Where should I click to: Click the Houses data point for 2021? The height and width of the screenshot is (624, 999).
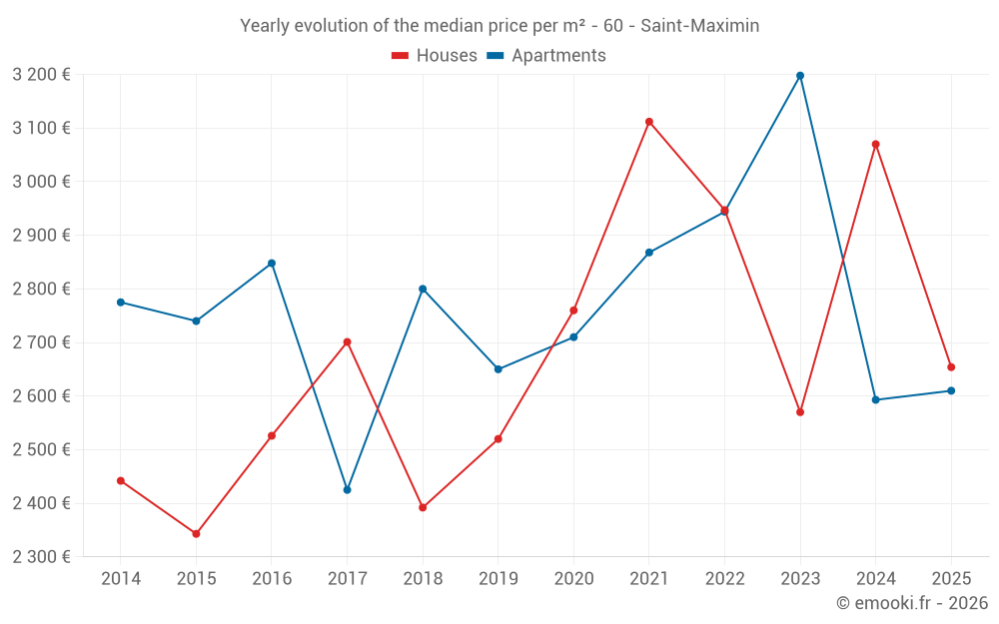[649, 122]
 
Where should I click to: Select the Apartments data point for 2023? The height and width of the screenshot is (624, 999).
[800, 76]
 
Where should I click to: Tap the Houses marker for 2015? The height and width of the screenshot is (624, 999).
[196, 534]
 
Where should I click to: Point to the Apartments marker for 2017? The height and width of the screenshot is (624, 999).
[347, 490]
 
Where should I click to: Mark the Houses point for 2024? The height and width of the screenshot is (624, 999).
[876, 145]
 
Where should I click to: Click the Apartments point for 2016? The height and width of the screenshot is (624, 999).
[272, 264]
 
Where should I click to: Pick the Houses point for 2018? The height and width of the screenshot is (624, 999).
[423, 507]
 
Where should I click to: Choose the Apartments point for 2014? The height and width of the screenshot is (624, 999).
[121, 303]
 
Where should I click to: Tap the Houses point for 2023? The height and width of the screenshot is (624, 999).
[800, 412]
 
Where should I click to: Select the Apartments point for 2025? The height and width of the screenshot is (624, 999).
[951, 390]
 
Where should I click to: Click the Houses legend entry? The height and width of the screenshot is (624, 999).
[435, 56]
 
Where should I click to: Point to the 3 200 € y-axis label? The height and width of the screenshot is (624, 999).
[41, 74]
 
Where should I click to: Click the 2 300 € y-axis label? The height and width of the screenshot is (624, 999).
[41, 557]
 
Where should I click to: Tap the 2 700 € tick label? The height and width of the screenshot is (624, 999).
[41, 342]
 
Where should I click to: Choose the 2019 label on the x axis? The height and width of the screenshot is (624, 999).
[498, 579]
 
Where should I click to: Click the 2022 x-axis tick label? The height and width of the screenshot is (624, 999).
[724, 579]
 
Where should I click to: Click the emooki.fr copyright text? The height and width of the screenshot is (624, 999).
[912, 603]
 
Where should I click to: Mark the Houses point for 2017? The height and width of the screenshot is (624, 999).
[347, 342]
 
